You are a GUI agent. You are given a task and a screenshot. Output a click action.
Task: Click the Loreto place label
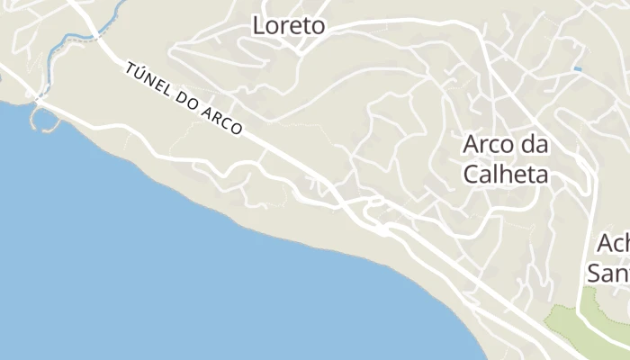(288, 26)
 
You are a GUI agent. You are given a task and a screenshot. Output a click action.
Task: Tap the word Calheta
(506, 174)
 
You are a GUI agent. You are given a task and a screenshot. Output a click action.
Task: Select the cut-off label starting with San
(608, 272)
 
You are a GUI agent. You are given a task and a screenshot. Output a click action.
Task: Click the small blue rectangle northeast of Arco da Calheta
(577, 69)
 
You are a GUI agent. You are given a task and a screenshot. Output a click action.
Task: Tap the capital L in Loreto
(258, 26)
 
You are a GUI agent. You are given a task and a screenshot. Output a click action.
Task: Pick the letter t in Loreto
(304, 26)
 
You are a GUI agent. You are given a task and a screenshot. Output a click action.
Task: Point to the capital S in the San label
(594, 272)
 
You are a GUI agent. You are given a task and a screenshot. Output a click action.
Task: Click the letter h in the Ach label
(625, 244)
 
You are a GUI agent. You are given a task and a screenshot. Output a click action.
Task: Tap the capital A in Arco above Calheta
(472, 145)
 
